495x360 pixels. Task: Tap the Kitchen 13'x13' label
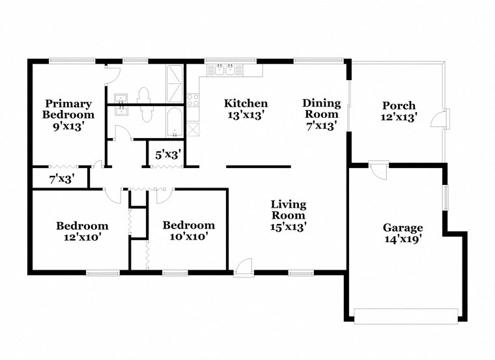click(x=246, y=109)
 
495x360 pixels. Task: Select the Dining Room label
click(x=322, y=114)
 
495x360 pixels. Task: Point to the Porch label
click(x=399, y=111)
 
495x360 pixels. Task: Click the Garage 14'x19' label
click(x=403, y=233)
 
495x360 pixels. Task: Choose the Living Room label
click(x=289, y=215)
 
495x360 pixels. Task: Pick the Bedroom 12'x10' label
click(x=82, y=231)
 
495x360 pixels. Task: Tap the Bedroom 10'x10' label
click(x=188, y=231)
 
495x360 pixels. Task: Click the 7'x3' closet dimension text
click(x=62, y=178)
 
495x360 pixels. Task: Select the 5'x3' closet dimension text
click(x=167, y=155)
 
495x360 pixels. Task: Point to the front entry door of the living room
click(x=243, y=266)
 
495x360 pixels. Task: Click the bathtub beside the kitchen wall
click(x=175, y=122)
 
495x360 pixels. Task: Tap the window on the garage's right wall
click(x=446, y=198)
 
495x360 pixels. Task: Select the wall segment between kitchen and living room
click(x=259, y=166)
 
